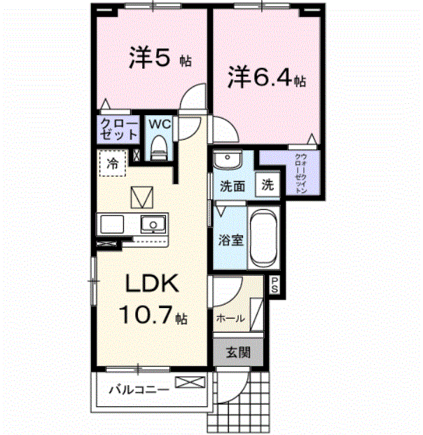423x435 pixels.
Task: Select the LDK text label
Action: point(153,283)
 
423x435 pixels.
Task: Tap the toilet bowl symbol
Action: point(159,148)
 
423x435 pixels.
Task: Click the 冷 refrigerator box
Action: point(112,164)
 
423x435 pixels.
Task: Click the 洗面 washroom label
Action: point(231,187)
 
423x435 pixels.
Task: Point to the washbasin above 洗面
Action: point(227,162)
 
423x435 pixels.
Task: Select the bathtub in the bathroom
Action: point(264,239)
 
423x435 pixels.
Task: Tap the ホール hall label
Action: point(230,319)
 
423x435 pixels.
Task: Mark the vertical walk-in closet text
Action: point(300,173)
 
